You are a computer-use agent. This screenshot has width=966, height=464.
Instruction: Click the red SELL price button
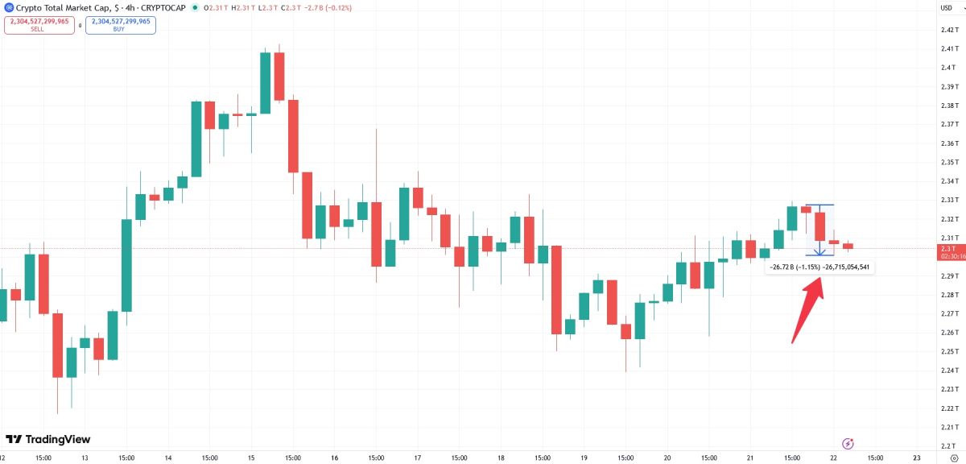pyautogui.click(x=39, y=25)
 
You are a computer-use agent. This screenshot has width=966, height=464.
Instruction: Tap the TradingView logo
pyautogui.click(x=48, y=440)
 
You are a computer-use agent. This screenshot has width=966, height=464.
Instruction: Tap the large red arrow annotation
pyautogui.click(x=807, y=310)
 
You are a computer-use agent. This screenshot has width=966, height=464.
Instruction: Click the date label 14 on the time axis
pyautogui.click(x=167, y=458)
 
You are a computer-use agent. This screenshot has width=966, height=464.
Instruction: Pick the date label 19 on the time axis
pyautogui.click(x=584, y=458)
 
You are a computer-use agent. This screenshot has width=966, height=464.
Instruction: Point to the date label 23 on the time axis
pyautogui.click(x=918, y=458)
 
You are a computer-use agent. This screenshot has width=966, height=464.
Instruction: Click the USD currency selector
pyautogui.click(x=947, y=7)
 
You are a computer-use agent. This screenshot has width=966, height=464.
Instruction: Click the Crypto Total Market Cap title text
pyautogui.click(x=61, y=8)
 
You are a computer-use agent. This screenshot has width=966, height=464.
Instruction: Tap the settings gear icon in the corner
pyautogui.click(x=953, y=458)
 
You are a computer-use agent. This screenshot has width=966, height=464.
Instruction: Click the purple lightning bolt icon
pyautogui.click(x=848, y=443)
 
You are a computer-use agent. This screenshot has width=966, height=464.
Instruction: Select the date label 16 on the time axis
pyautogui.click(x=334, y=458)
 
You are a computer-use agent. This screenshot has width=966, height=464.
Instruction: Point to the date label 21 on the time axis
pyautogui.click(x=750, y=458)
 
